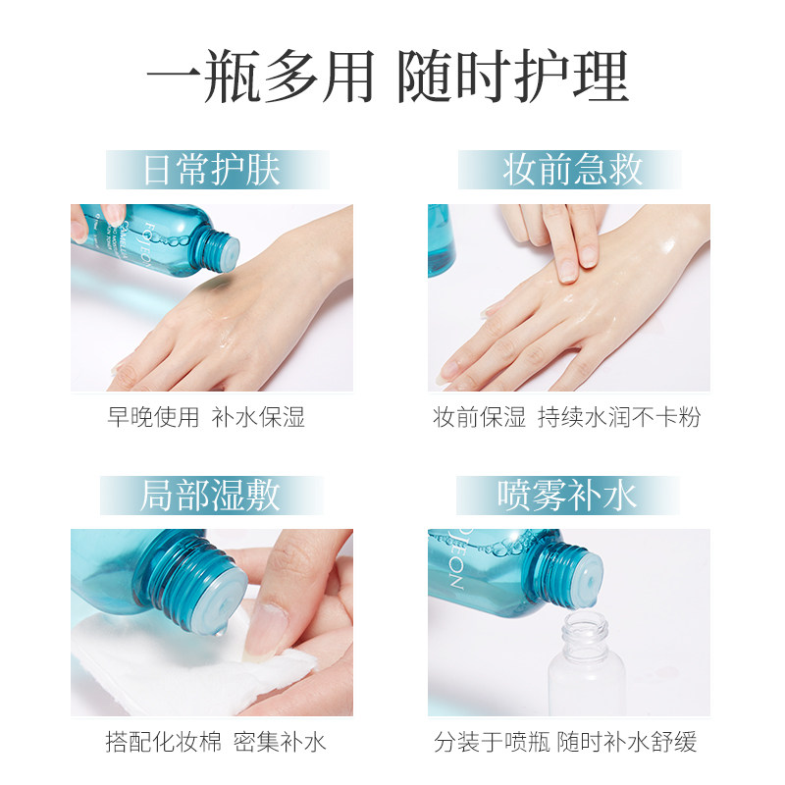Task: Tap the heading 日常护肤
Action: (x=212, y=170)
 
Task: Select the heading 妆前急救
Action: (x=573, y=170)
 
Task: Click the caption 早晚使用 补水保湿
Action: (x=206, y=417)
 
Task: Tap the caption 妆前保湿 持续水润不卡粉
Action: (x=567, y=417)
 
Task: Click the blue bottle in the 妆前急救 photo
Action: (x=441, y=240)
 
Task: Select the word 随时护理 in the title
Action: (x=512, y=78)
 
